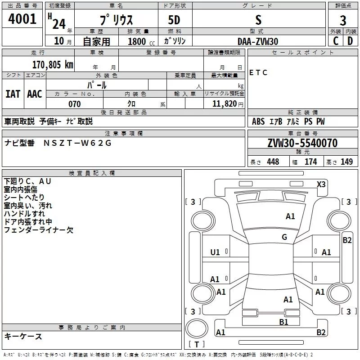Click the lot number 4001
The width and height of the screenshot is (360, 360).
coord(22,19)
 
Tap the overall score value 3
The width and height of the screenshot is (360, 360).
coord(343,20)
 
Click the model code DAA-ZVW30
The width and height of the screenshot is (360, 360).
coord(258,41)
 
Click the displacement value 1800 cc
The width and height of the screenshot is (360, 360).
coord(140,42)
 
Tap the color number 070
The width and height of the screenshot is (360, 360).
coord(74,104)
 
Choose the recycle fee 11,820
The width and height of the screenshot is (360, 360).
coord(226,104)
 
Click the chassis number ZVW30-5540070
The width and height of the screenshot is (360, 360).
coord(302,143)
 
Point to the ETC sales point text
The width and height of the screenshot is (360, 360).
coord(258,73)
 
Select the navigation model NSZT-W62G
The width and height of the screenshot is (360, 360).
coord(77,143)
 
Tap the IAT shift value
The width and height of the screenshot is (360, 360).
coord(13,94)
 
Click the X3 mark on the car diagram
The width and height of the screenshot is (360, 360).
coord(321,184)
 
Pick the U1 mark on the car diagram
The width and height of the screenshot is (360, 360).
coord(215,252)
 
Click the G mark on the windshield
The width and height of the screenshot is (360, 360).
coord(284,237)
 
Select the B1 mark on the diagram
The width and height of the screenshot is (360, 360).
coord(283,322)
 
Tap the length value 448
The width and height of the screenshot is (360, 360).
coord(273,162)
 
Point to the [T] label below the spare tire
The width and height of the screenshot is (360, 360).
coord(197,344)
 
